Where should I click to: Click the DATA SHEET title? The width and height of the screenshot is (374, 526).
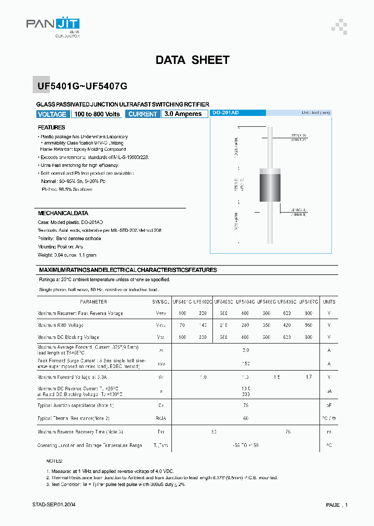point(192,60)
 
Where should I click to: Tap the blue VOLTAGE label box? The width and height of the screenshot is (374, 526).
point(52,114)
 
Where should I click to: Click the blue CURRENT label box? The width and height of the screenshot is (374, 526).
point(143,114)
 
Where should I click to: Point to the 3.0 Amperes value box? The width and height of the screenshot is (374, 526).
point(183,114)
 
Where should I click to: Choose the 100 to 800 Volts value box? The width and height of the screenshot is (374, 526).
point(97,114)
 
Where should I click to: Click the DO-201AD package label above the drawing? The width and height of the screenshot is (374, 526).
point(226,113)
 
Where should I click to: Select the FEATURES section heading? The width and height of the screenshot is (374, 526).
point(51,127)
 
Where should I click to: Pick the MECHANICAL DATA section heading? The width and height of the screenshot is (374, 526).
point(63,213)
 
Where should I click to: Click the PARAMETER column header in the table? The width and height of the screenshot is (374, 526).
point(94,301)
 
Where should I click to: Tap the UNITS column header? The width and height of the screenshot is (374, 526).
point(329,301)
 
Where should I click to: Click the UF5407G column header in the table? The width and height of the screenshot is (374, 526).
point(309,301)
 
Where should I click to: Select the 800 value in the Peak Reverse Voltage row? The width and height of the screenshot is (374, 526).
point(309,313)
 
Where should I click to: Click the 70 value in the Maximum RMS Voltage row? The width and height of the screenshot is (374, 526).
point(182,325)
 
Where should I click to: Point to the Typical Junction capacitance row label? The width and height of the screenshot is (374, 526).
point(75,405)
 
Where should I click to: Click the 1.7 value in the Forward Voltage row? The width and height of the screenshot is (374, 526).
point(309,377)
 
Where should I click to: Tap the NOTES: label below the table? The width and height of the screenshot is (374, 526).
point(55,461)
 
